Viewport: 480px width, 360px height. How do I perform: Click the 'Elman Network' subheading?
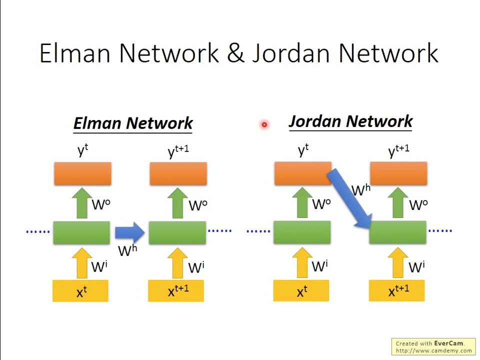tap(133, 123)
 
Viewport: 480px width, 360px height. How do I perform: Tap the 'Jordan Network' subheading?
tap(350, 121)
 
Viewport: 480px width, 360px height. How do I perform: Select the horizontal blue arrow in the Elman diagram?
tap(129, 231)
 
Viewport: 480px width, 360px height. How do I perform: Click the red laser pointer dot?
tap(264, 124)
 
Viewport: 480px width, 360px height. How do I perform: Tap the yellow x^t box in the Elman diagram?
tap(80, 291)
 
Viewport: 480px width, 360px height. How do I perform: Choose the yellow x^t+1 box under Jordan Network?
tap(397, 291)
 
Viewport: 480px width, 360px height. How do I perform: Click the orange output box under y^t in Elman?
tap(83, 174)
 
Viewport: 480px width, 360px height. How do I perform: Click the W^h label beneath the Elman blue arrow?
tap(127, 249)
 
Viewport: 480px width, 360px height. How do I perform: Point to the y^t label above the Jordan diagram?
tap(303, 150)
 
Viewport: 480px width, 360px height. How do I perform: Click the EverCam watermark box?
tap(433, 346)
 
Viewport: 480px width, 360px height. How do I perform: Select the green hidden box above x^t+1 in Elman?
tap(177, 232)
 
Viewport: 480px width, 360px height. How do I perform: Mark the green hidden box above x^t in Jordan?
tap(302, 232)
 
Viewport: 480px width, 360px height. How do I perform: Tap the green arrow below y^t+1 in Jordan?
tap(398, 202)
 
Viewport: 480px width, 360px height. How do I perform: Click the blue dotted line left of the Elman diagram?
tap(38, 231)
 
